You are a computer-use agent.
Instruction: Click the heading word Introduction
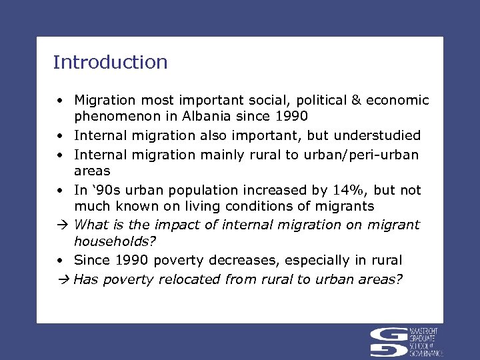click(x=110, y=63)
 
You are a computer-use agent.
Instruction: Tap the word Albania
click(x=203, y=116)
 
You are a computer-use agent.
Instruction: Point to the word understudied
click(x=380, y=136)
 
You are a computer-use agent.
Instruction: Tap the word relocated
click(x=189, y=279)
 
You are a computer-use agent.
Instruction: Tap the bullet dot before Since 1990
click(x=60, y=261)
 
